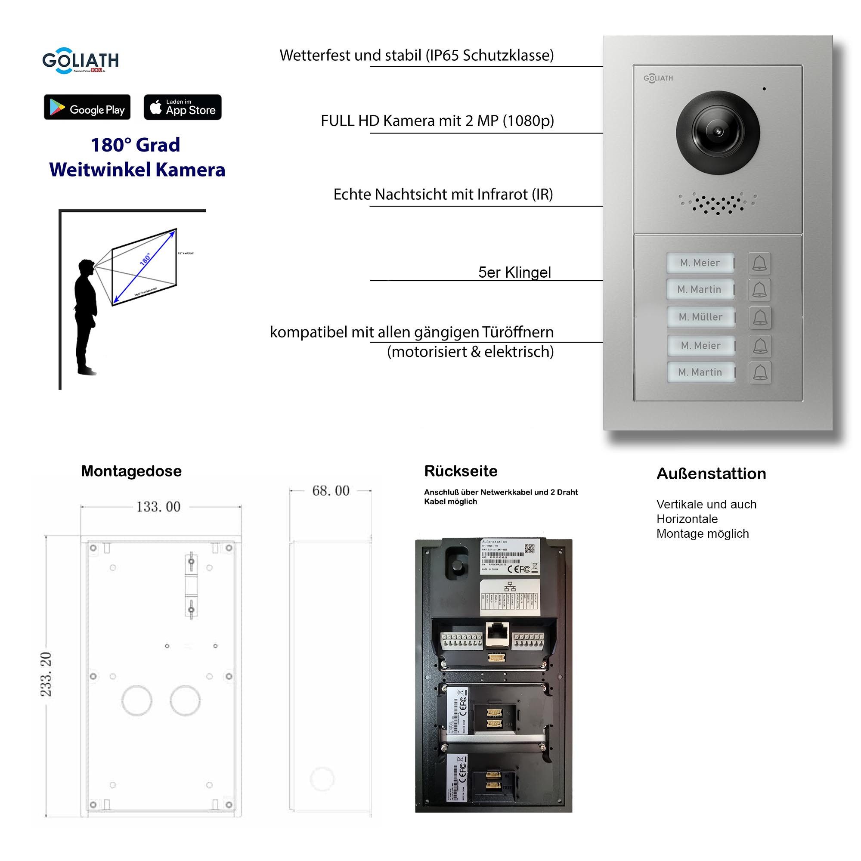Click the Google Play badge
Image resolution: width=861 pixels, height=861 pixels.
tap(87, 107)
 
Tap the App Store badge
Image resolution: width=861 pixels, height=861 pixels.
tap(182, 107)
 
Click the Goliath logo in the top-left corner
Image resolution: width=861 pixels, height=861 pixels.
tap(80, 60)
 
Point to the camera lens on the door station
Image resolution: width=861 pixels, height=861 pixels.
tap(718, 132)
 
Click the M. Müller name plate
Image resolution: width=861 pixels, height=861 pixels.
tap(700, 317)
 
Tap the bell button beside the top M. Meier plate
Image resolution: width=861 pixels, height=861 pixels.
tap(759, 263)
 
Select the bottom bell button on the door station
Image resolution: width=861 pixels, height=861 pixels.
tap(759, 372)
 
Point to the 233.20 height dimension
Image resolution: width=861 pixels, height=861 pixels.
tap(46, 674)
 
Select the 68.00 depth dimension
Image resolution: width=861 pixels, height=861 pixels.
tap(331, 491)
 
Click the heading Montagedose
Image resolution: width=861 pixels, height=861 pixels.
tap(131, 471)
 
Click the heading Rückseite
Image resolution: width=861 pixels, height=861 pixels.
tap(460, 471)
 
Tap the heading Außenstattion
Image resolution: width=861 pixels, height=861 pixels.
tap(711, 474)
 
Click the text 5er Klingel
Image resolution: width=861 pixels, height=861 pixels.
tap(514, 273)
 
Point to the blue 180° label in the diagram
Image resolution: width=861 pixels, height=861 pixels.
tap(145, 259)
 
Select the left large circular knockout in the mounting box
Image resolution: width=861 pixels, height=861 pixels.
tap(137, 700)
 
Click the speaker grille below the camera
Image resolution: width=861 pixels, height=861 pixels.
tap(717, 204)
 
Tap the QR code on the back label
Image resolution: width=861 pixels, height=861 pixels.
tap(530, 548)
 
